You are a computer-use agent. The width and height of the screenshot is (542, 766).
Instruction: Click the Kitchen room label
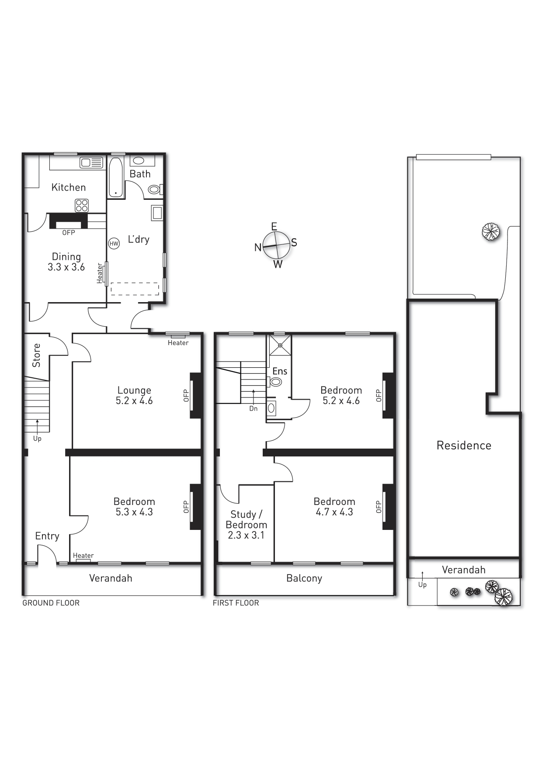(69, 188)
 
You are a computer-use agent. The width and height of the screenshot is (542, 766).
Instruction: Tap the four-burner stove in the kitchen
(82, 205)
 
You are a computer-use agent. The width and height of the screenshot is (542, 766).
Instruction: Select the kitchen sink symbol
(91, 163)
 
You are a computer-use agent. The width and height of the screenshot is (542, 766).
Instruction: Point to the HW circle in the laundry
(114, 244)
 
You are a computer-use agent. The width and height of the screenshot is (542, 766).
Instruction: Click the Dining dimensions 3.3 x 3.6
(66, 267)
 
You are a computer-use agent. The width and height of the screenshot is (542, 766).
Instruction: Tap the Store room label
(36, 355)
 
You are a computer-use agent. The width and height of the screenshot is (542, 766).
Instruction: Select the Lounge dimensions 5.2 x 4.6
(134, 400)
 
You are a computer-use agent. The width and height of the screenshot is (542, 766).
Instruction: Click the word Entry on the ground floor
(47, 536)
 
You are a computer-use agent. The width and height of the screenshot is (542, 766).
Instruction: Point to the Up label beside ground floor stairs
(37, 439)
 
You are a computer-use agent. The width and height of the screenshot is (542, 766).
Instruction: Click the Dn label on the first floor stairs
(254, 409)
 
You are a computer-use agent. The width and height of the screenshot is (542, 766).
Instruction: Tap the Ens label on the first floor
(280, 371)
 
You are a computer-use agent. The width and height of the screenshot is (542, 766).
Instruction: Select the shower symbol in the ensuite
(280, 345)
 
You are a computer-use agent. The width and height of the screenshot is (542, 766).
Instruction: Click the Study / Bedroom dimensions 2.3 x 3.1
(246, 535)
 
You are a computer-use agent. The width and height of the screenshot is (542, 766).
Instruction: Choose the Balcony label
(304, 578)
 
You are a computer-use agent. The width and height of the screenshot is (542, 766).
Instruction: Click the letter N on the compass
(258, 247)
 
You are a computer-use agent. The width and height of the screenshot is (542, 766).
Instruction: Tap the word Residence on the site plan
(464, 446)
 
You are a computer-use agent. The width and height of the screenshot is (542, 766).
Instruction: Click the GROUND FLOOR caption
(51, 603)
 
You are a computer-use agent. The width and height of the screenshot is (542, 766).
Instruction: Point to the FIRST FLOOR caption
(236, 603)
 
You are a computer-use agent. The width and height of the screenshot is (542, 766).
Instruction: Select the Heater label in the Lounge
(178, 343)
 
